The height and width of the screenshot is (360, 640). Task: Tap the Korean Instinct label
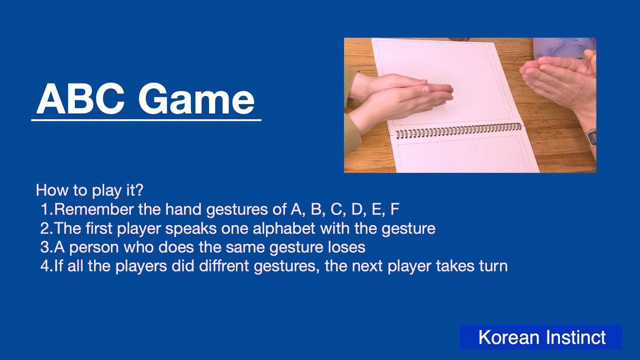[541, 337]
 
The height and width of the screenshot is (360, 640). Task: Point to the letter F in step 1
[394, 209]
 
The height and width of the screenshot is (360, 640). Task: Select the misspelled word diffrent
[224, 266]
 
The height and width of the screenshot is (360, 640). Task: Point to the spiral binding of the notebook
[457, 131]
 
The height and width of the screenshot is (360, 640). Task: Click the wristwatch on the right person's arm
[591, 137]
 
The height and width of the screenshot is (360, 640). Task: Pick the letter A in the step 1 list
[295, 209]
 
